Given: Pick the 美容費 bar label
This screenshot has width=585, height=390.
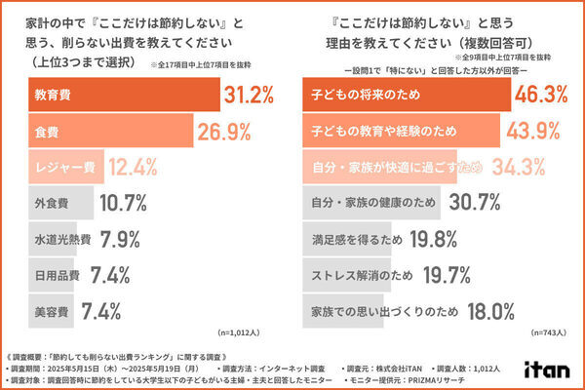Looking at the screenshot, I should pos(49,311).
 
